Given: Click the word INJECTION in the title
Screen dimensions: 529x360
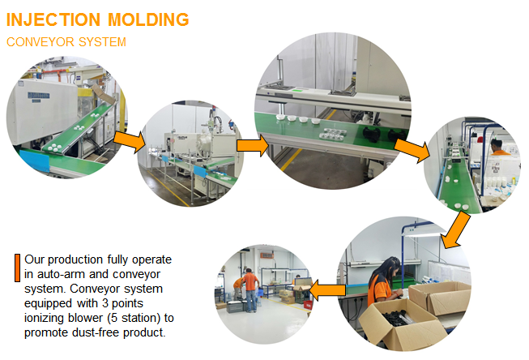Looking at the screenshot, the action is tap(53, 19).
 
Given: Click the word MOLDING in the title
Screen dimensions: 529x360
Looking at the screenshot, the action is tap(148, 19).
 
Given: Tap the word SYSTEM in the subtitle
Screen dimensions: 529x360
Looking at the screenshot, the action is tap(102, 42).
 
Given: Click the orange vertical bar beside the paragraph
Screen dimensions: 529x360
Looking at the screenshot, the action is tap(17, 268).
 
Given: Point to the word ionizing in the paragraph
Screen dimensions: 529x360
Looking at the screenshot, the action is tap(45, 318).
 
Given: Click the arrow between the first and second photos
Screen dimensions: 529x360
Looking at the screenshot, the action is tap(130, 141).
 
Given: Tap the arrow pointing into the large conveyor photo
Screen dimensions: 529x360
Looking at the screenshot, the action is tap(253, 146).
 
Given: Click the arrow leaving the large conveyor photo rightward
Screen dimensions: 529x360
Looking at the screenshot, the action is tap(412, 150).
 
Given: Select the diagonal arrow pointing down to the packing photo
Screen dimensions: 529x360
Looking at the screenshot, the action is tap(455, 230).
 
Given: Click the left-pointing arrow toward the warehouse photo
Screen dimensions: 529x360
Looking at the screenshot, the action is tap(327, 290).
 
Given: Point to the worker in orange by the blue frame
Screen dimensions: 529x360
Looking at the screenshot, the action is tap(498, 148).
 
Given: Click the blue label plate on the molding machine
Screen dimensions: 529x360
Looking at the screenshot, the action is tap(38, 96).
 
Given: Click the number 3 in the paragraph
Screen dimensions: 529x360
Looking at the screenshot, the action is tap(105, 303).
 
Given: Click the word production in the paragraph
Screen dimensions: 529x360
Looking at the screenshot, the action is tap(75, 259).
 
